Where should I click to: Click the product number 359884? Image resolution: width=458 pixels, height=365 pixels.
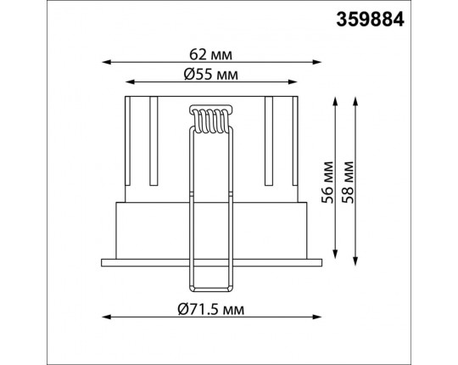coord(370,20)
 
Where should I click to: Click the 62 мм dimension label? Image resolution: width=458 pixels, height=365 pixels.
coord(211,54)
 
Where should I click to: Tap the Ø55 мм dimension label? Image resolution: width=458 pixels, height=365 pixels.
coord(211,75)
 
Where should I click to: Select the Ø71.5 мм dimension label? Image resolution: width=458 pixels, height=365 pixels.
coord(211,309)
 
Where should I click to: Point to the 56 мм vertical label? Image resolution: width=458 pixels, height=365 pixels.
coord(327,182)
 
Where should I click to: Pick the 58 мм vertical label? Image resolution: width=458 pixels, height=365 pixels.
coord(349,182)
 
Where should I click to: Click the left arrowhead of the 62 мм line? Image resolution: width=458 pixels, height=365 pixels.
coord(106,62)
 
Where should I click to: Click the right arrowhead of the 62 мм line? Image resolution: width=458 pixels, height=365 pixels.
coord(317,62)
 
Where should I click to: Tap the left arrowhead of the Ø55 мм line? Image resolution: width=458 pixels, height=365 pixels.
coord(130,82)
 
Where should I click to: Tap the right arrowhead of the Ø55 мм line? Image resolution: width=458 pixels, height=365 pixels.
coord(293,82)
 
